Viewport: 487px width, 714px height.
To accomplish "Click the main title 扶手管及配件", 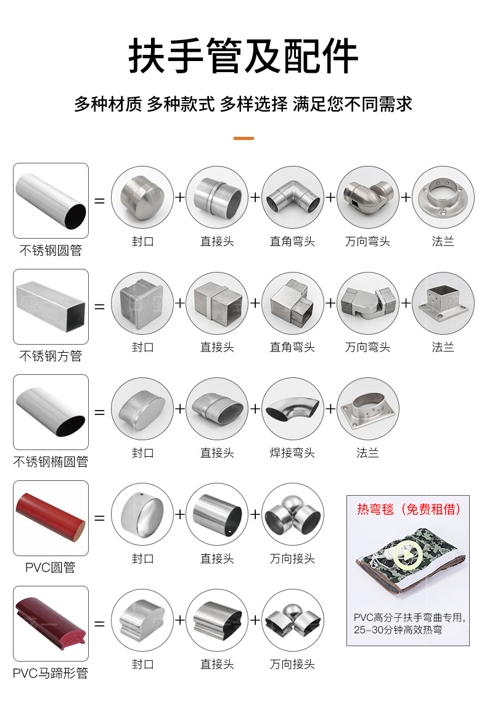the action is [243, 56].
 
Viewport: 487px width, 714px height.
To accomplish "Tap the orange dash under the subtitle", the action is [243, 138].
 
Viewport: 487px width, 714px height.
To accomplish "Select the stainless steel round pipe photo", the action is [51, 200].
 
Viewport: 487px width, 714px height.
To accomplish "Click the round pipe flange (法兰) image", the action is [443, 197].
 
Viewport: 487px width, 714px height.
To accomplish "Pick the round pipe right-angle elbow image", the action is [293, 197].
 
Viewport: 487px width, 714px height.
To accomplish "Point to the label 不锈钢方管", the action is [51, 356].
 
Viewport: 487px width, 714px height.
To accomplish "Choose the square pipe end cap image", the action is [142, 303].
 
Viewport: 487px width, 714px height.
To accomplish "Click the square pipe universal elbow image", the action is [368, 303].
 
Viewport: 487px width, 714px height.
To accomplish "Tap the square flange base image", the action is [443, 303].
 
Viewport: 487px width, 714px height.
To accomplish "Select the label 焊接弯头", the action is [292, 453].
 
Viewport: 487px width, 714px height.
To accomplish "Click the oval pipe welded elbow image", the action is [293, 408].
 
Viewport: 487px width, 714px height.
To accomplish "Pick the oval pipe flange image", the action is [368, 408].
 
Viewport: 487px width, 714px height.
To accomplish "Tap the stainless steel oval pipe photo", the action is [51, 412].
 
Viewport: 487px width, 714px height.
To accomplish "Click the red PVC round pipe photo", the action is [51, 518].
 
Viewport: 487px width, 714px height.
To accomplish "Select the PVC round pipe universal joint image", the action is [293, 515].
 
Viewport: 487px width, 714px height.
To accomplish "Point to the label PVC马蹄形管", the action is [50, 673].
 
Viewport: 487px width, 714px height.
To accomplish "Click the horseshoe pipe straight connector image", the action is [218, 620].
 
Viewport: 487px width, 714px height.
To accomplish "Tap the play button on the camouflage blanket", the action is [406, 556].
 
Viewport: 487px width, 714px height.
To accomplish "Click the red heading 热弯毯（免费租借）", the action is [408, 509].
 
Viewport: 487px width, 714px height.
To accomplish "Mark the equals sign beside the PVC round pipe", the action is [100, 518].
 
